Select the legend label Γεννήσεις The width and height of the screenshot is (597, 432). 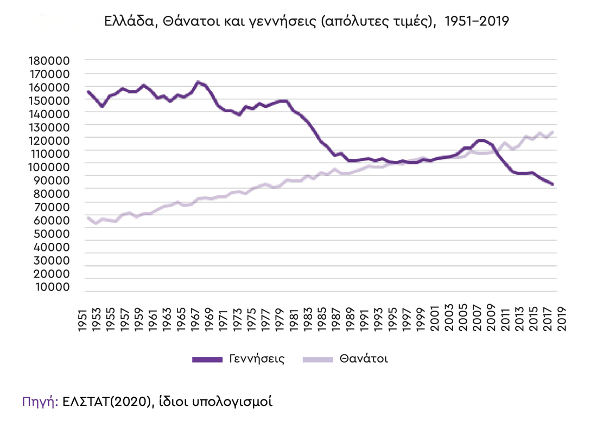point(256,359)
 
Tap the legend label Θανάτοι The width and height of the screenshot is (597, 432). point(364,359)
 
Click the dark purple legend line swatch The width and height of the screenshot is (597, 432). point(207,359)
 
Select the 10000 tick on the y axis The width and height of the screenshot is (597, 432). point(53,287)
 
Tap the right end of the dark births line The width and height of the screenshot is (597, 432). point(552,184)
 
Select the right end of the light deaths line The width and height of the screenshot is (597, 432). point(552,132)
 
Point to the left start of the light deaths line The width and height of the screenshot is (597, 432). point(88,217)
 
